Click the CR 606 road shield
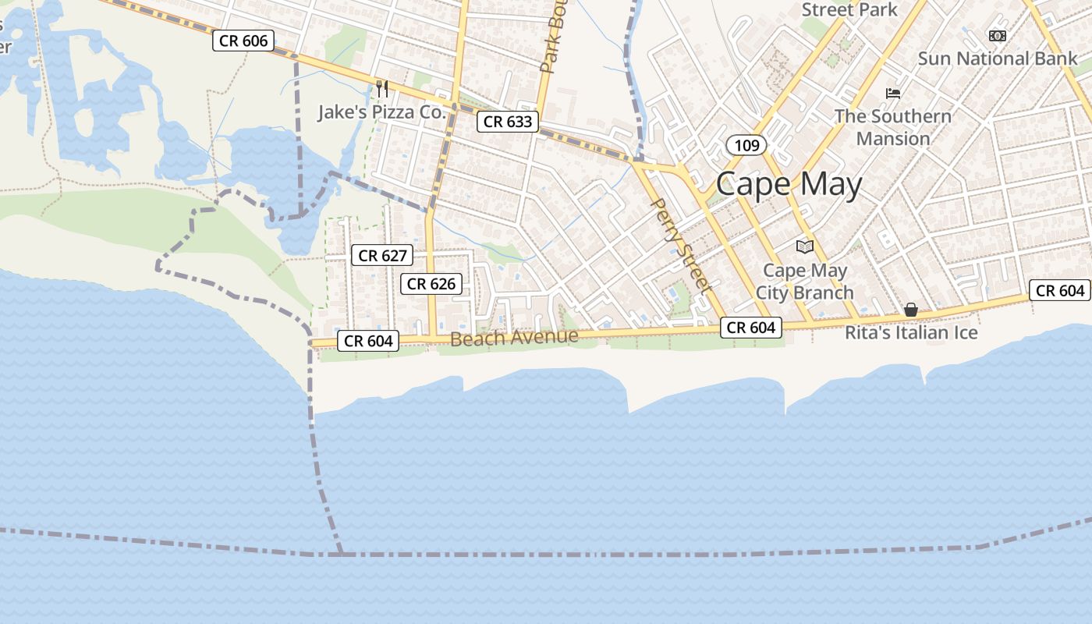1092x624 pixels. pos(243,41)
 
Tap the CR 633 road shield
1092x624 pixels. pos(508,121)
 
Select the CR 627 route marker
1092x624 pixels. pos(382,255)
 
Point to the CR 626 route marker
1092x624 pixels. pos(431,284)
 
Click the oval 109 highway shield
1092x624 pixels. pos(746,144)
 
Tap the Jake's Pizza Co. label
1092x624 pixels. pos(381,112)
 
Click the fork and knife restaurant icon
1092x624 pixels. pos(382,88)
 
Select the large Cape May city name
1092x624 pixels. pos(789,185)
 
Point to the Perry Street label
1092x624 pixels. pos(681,245)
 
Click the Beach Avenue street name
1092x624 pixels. pos(514,338)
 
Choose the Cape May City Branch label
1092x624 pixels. pos(804,282)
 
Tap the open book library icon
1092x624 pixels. pos(804,246)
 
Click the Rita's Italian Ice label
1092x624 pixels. pos(911,332)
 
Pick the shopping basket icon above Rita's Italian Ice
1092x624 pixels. pos(910,310)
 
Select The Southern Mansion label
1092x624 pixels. pos(893,127)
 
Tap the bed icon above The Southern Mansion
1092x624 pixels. pos(893,94)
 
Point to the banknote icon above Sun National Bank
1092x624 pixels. pos(997,35)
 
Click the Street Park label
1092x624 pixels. pos(849,10)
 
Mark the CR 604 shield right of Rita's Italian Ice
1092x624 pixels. pos(1060,290)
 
